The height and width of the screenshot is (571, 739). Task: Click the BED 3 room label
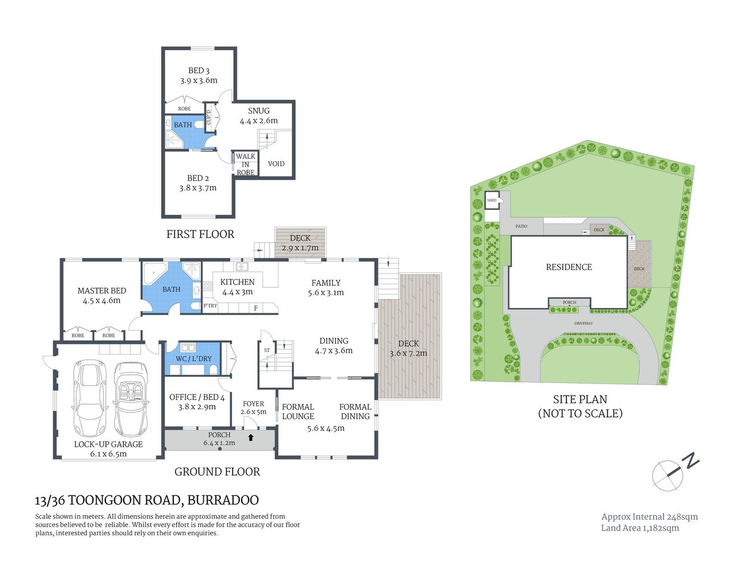point(199,71)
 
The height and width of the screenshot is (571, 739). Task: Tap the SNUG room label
point(259,111)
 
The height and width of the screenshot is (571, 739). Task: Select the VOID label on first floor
point(276,164)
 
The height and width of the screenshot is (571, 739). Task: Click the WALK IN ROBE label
point(246,165)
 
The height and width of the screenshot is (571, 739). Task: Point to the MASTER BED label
point(102,291)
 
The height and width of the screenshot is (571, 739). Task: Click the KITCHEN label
point(237,282)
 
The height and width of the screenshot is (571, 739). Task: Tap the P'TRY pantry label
point(210,306)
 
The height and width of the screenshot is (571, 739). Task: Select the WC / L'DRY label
point(193,359)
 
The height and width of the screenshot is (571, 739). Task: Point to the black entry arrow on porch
point(250,438)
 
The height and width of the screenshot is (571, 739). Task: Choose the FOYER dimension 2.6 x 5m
point(253,412)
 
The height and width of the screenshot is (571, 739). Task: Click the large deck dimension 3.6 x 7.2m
point(408,353)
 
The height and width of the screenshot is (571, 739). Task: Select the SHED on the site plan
point(492,200)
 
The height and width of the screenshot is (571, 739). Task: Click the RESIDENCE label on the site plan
point(569,267)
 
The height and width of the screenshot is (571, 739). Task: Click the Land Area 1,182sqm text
point(640,528)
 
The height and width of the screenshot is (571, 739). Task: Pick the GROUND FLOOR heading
point(217,472)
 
